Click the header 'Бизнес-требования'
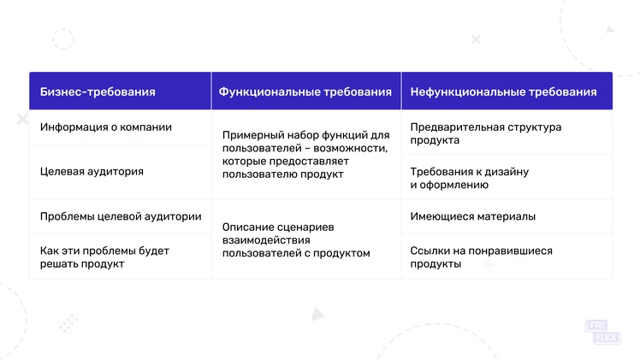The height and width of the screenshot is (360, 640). pyautogui.click(x=98, y=91)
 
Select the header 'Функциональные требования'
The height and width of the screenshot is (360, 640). pyautogui.click(x=305, y=91)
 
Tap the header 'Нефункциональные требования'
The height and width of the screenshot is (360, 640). pyautogui.click(x=504, y=91)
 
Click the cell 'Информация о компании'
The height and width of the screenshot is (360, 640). pyautogui.click(x=106, y=127)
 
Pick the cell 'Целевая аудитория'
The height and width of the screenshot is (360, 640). pyautogui.click(x=92, y=172)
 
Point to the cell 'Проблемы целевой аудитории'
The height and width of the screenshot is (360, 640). pyautogui.click(x=121, y=216)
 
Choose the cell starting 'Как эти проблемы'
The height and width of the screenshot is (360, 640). pyautogui.click(x=104, y=257)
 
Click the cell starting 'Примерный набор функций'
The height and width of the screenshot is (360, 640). pyautogui.click(x=306, y=155)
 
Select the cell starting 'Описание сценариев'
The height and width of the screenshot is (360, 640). pyautogui.click(x=296, y=240)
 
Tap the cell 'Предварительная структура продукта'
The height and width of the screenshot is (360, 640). pyautogui.click(x=486, y=133)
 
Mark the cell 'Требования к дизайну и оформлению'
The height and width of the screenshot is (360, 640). pyautogui.click(x=470, y=178)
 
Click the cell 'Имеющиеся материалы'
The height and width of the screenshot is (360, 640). pyautogui.click(x=472, y=216)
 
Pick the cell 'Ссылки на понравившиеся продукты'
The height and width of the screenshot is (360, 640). pyautogui.click(x=481, y=257)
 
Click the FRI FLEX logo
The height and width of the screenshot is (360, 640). pyautogui.click(x=603, y=332)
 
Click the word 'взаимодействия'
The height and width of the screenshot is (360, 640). pyautogui.click(x=266, y=240)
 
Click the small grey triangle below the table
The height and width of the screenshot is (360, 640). pyautogui.click(x=317, y=314)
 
